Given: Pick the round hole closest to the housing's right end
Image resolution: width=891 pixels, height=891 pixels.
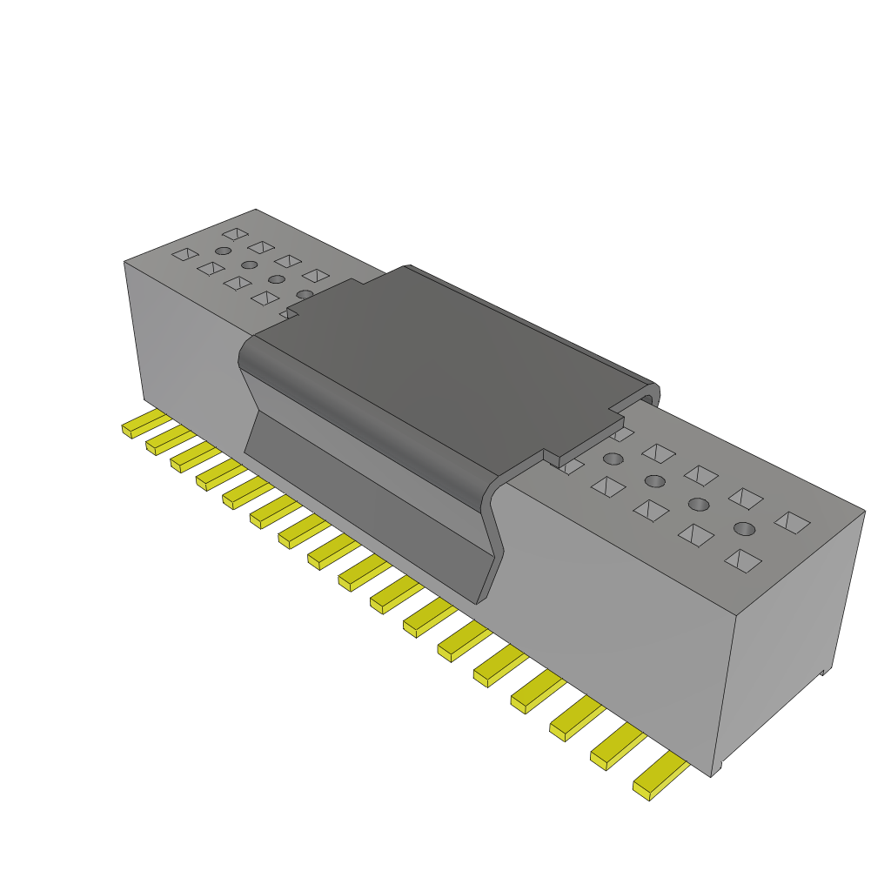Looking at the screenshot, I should (x=743, y=528).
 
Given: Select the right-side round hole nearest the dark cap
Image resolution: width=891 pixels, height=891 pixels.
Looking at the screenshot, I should (x=613, y=459).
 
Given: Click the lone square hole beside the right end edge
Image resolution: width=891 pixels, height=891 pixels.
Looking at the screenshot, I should (x=791, y=522).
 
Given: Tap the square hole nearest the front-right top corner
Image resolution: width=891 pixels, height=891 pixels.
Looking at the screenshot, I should (x=741, y=561).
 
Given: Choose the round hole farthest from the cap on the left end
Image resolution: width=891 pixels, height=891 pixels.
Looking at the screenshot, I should (x=223, y=251).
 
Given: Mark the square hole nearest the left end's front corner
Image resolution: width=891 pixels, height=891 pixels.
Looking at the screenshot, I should (x=184, y=254).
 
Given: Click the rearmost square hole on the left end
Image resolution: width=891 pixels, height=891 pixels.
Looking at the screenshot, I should (x=234, y=234).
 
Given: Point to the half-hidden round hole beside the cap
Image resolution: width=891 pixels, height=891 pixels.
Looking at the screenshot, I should (x=305, y=295).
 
